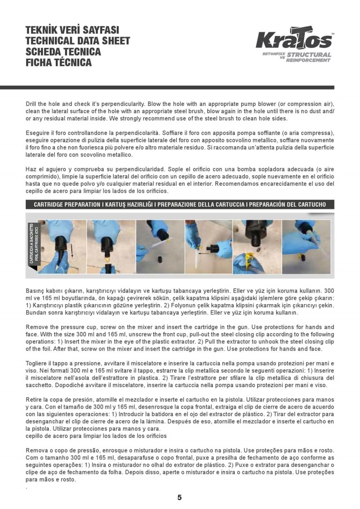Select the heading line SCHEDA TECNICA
point(63,52)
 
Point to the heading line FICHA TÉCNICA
point(59,62)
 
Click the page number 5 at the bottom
point(180,498)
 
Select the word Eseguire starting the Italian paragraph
point(38,134)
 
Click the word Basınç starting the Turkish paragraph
point(36,290)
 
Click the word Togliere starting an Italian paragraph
point(37,363)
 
